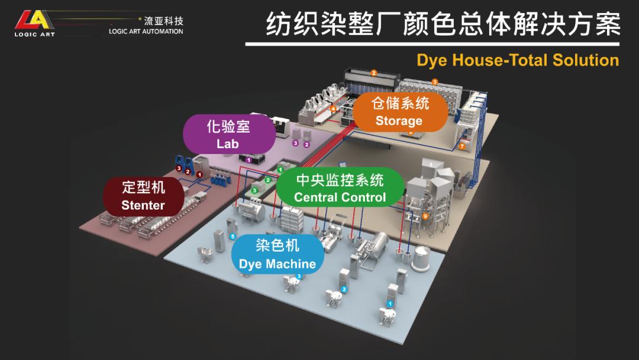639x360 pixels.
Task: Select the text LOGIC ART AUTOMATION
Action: point(146,31)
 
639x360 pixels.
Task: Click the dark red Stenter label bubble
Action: point(143,196)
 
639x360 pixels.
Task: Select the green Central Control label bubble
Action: point(340,188)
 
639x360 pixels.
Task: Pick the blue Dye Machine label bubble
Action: point(277,255)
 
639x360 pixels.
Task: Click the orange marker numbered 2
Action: point(373,73)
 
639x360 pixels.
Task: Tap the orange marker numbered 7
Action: point(462,146)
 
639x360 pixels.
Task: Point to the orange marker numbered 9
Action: point(425,216)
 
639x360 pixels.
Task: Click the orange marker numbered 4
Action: point(333,109)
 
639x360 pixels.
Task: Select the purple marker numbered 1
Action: point(249,160)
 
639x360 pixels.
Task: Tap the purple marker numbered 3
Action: point(295,143)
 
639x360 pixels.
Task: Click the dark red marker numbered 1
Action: point(199,175)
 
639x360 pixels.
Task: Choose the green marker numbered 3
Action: point(254,190)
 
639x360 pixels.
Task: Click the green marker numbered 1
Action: point(280,170)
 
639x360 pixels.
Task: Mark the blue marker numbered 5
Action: point(233,236)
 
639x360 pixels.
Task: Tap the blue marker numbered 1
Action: point(389,303)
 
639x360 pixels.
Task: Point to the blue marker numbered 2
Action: point(344,289)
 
